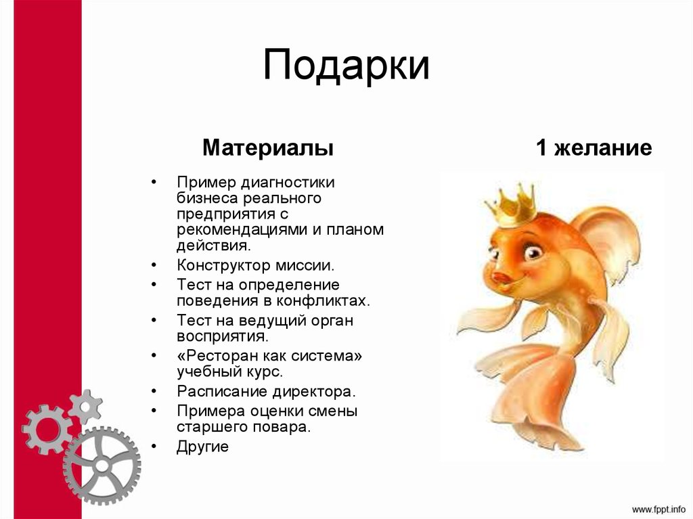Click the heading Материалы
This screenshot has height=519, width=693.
[268, 148]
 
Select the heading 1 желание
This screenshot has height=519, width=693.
[594, 148]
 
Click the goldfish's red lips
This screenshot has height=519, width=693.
[501, 277]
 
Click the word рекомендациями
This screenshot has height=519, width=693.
[242, 229]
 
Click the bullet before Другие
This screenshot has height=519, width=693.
[154, 447]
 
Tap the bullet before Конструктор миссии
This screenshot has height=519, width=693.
[154, 265]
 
